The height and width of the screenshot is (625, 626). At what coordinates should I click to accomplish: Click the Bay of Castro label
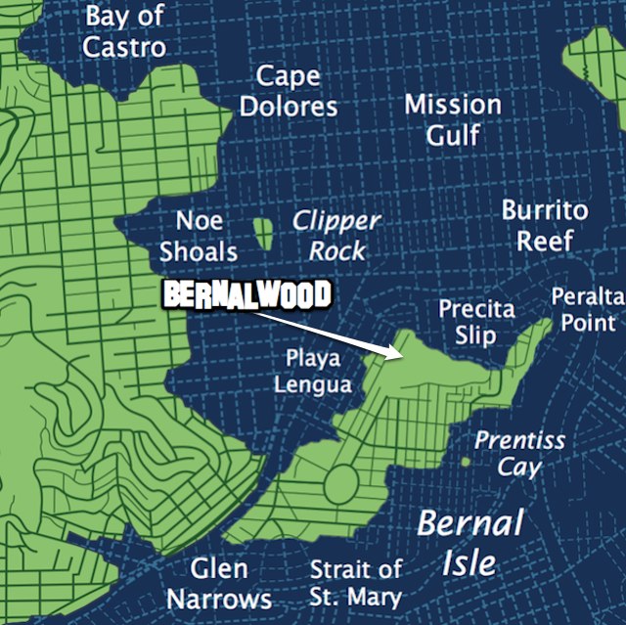coord(124,30)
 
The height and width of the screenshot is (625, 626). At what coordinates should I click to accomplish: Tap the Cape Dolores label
coord(289,91)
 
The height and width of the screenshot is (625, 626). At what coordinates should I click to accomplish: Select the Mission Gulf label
coord(453,119)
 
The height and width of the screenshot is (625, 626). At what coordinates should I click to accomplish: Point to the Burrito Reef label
coord(545,225)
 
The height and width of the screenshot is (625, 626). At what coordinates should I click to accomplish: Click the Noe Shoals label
coord(199,236)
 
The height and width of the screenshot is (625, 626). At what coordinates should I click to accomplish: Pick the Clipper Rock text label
coord(336,236)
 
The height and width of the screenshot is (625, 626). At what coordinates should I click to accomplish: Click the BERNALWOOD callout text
coord(246,295)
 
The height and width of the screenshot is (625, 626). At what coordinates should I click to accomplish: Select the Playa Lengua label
coord(313,371)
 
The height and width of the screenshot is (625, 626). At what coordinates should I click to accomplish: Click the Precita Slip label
coord(476,323)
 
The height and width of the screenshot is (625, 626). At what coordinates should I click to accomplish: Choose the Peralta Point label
coord(587,309)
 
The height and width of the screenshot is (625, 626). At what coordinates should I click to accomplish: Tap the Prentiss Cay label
coord(519,453)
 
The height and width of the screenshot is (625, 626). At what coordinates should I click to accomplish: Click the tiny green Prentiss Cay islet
coord(466,460)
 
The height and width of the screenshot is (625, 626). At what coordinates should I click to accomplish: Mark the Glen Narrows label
coord(218,583)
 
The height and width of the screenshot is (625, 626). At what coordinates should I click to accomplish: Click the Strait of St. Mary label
coord(356,583)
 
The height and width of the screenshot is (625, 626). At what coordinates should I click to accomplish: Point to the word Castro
coord(124,45)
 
